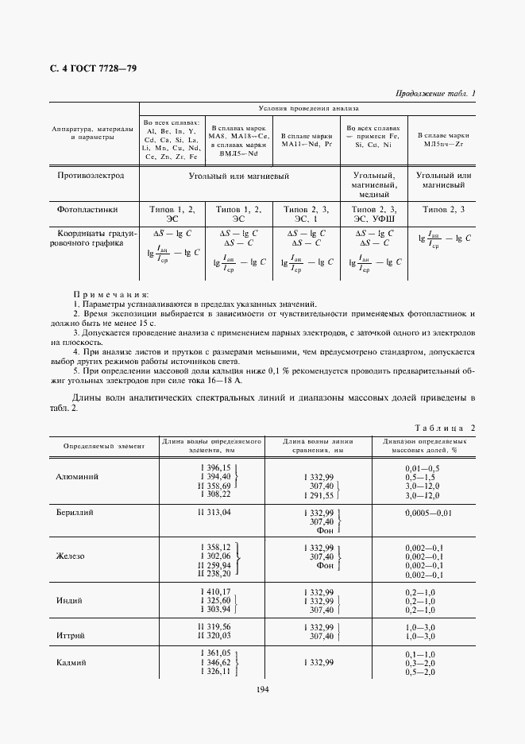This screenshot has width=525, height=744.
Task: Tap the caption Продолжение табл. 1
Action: click(435, 95)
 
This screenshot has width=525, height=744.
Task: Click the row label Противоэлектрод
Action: click(96, 176)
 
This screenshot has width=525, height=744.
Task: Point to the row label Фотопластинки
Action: click(87, 210)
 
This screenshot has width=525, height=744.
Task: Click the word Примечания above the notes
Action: click(110, 294)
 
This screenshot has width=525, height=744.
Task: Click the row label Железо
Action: click(71, 556)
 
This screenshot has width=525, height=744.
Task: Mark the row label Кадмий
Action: click(71, 662)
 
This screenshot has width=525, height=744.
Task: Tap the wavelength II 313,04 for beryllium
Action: click(214, 513)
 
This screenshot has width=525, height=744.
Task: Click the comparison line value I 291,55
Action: click(318, 495)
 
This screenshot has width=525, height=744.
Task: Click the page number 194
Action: click(263, 688)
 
